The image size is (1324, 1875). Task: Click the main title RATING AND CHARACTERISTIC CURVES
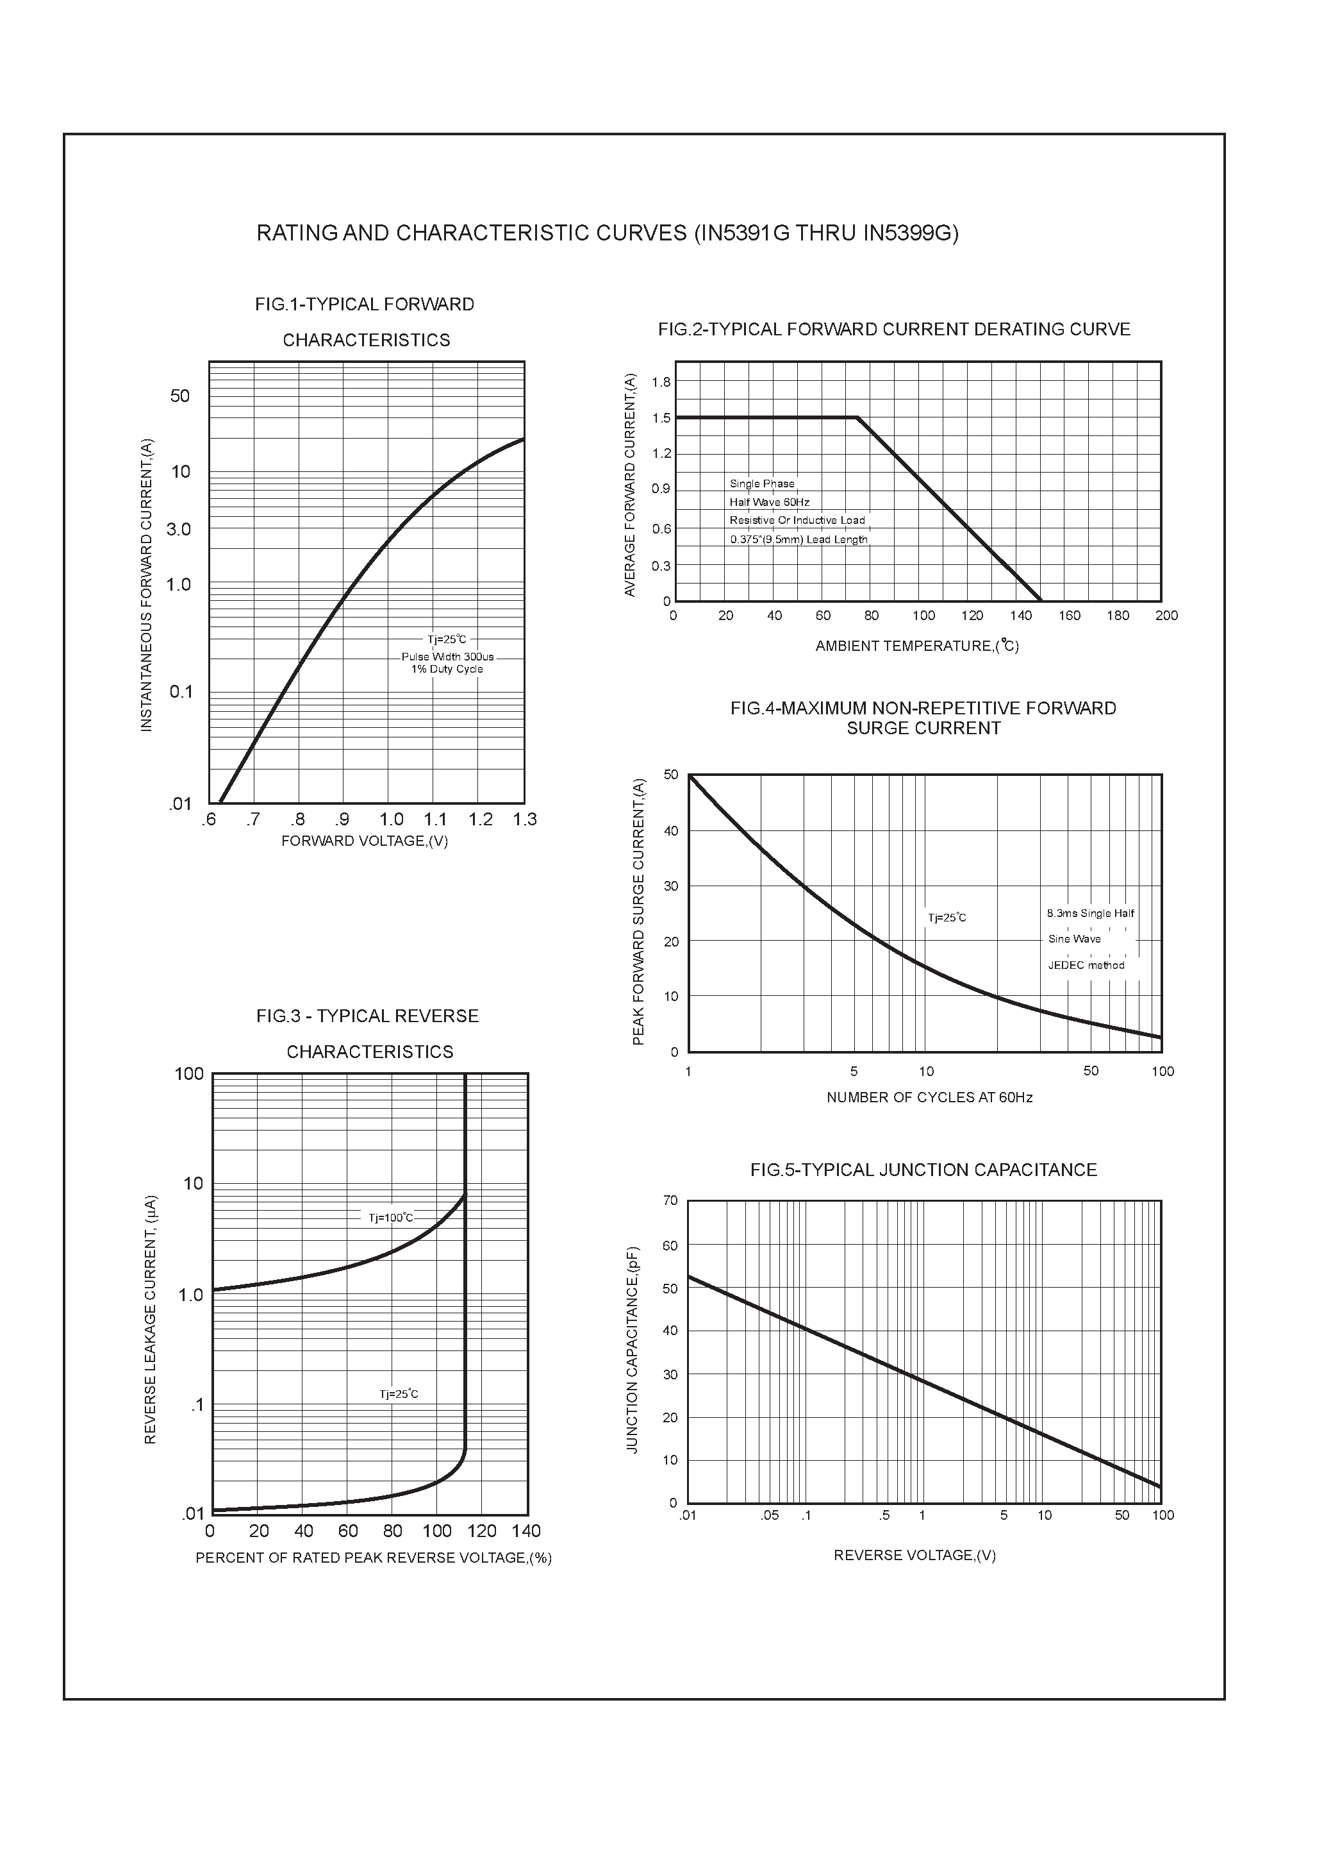(608, 233)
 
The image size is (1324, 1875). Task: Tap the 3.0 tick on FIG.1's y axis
(178, 529)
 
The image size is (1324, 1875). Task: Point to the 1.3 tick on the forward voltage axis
(525, 819)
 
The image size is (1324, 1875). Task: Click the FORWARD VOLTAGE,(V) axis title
(365, 841)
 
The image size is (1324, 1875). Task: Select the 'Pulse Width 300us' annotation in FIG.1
(447, 657)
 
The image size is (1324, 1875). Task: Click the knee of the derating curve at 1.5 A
(857, 417)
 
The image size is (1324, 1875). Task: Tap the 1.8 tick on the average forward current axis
(661, 382)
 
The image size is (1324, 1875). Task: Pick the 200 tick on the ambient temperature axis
(1166, 616)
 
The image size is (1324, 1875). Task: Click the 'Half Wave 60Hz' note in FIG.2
(769, 502)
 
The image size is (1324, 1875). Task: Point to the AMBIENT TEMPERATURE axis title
(916, 646)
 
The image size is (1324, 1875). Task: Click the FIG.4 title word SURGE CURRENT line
(923, 728)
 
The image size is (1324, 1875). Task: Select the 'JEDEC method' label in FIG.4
(1086, 965)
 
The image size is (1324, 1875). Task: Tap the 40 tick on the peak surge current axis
(671, 831)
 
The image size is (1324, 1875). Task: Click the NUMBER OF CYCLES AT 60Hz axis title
(929, 1098)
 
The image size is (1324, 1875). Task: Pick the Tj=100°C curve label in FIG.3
(391, 1218)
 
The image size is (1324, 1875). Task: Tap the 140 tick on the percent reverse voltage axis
(527, 1531)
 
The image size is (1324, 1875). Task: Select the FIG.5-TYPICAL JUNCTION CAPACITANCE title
(923, 1170)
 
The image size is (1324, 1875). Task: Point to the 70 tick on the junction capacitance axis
(670, 1200)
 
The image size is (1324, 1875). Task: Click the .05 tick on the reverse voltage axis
(769, 1516)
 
